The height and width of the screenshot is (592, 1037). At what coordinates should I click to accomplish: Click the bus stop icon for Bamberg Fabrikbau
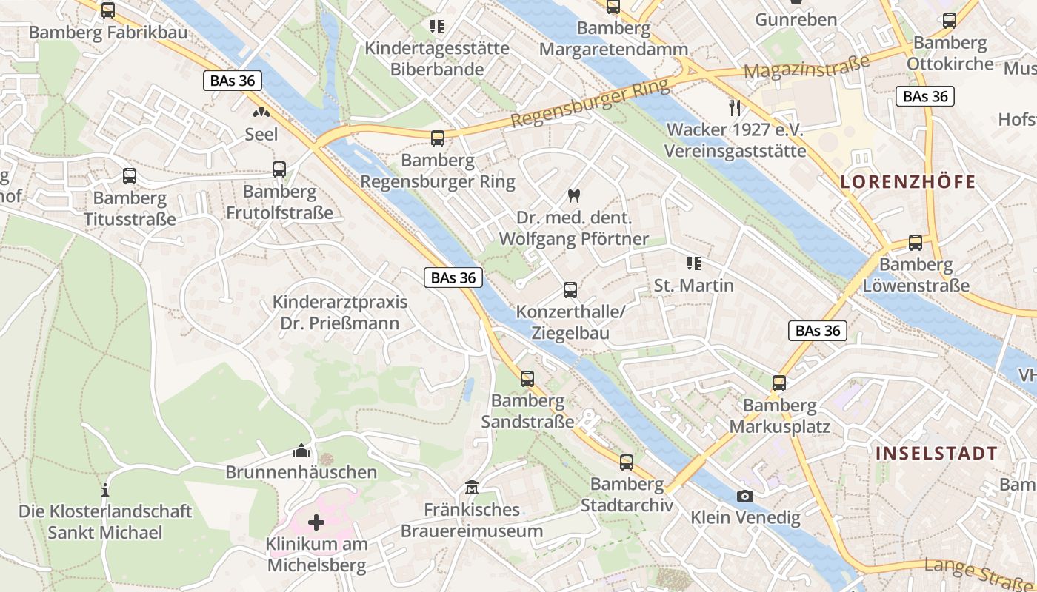coord(108,10)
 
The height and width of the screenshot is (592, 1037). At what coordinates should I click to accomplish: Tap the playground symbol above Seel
coord(261,112)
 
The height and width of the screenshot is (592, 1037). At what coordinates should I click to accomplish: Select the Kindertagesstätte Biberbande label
coord(437,58)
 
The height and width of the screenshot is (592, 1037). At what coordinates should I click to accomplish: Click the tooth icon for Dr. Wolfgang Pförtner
coord(573,196)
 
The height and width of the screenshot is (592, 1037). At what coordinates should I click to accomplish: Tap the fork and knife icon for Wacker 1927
coord(735,108)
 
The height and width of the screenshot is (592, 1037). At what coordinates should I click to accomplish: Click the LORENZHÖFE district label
coord(908,182)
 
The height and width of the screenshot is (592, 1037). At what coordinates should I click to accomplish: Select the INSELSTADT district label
coord(936,453)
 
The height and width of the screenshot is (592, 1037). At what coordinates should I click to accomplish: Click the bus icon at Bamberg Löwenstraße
coord(916,243)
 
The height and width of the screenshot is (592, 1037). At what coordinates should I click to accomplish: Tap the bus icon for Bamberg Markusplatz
coord(779,383)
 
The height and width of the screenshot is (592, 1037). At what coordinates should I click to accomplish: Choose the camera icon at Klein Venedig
coord(745,496)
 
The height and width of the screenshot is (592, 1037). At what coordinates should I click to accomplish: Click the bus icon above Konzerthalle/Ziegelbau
coord(570,290)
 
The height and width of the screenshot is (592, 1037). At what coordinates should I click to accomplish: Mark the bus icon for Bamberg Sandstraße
coord(527,379)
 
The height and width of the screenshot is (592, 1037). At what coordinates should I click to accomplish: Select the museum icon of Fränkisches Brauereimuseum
coord(472,488)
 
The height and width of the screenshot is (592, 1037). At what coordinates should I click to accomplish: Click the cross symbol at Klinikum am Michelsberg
coord(316,523)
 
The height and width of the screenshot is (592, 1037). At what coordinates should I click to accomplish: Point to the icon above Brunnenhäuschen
coord(301,451)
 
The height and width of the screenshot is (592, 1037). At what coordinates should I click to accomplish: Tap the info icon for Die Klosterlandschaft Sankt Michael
coord(105,490)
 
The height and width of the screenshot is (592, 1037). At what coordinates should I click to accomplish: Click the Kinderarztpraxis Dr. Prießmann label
coord(340,312)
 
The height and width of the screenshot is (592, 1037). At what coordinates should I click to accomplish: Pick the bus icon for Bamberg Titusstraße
coord(130,176)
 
